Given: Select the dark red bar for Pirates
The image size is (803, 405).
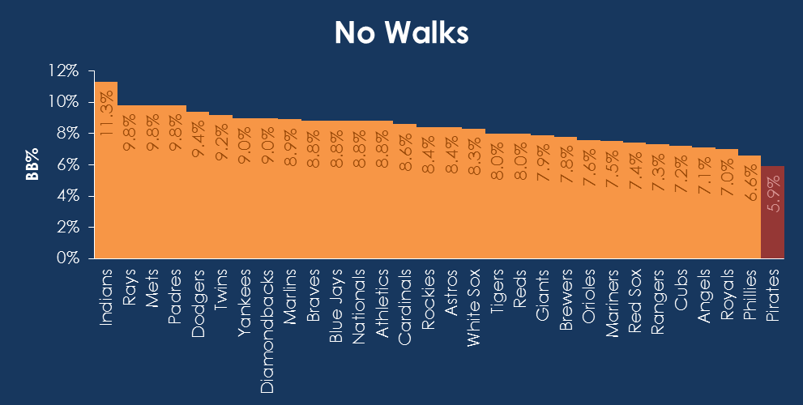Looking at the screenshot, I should click(x=772, y=212).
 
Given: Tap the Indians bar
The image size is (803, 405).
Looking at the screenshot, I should click(x=106, y=194).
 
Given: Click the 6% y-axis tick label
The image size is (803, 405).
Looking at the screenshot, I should click(x=66, y=164).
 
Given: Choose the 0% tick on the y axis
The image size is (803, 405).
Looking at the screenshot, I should click(x=66, y=258).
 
